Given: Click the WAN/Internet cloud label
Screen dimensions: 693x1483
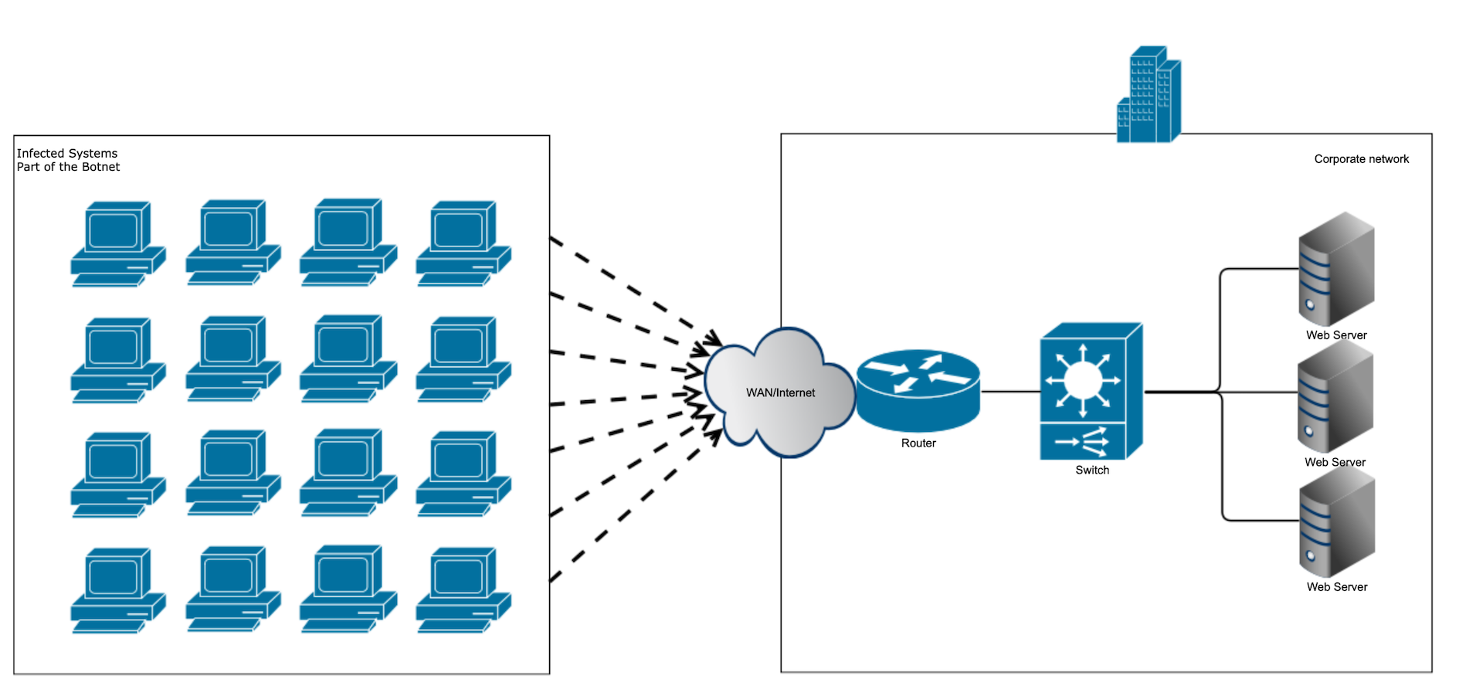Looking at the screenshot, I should [x=780, y=392].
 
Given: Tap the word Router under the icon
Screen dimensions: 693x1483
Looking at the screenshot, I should [x=918, y=443].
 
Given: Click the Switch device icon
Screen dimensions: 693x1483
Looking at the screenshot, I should [x=1090, y=391].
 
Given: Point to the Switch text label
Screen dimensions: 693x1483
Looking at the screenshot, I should [x=1091, y=470].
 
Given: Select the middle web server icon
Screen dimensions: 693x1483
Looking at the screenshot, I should [x=1335, y=398].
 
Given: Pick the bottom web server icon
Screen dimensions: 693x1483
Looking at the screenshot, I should [x=1337, y=523].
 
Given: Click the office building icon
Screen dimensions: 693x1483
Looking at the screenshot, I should [x=1149, y=97].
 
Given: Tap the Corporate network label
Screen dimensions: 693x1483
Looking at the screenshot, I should [x=1361, y=159].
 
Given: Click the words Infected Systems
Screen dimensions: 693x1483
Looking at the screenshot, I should [x=67, y=153].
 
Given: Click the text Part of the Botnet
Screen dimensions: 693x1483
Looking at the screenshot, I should [x=68, y=167].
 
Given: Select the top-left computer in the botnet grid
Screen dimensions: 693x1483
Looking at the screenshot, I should [x=117, y=243].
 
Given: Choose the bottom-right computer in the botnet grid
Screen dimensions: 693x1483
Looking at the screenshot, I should [x=463, y=590].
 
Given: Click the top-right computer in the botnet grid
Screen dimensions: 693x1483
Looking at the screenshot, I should [x=463, y=243].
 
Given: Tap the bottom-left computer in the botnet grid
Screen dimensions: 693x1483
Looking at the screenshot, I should [x=117, y=590].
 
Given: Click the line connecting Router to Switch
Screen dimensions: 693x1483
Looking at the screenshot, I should [x=1010, y=392].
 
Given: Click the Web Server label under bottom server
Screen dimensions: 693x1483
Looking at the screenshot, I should [x=1336, y=587].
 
